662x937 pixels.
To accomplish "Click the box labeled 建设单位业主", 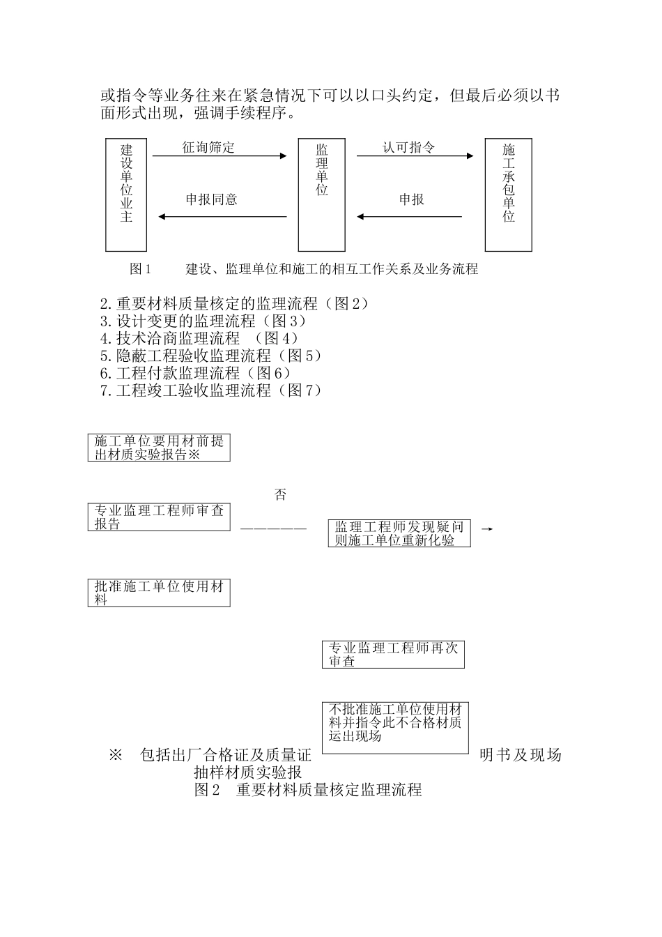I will pos(126,195).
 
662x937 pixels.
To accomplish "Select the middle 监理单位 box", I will pos(321,195).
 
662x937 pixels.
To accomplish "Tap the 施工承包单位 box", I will pos(508,195).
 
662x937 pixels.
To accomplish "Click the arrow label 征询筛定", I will pos(208,147).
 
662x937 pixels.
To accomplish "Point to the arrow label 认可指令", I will pos(409,147).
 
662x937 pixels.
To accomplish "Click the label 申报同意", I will pos(212,200).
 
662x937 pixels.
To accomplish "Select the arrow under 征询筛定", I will pos(220,156).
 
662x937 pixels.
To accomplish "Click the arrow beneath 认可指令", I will pos(415,156).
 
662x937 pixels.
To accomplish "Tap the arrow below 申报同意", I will pos(223,217).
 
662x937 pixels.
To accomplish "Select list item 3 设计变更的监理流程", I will pos(203,321).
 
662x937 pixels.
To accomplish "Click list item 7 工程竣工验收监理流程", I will pos(211,390).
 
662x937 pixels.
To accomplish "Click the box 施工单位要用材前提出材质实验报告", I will pos(159,448).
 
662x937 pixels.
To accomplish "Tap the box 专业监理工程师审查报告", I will pos(159,517).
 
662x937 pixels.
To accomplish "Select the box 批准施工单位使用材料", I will pos(159,593).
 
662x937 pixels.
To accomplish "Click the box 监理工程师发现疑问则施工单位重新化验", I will pos(399,533).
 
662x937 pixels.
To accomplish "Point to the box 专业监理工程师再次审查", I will pos(393,655).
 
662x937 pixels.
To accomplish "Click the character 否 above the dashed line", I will pos(280,496).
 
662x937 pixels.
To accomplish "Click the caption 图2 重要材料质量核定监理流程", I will pos(307,791).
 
